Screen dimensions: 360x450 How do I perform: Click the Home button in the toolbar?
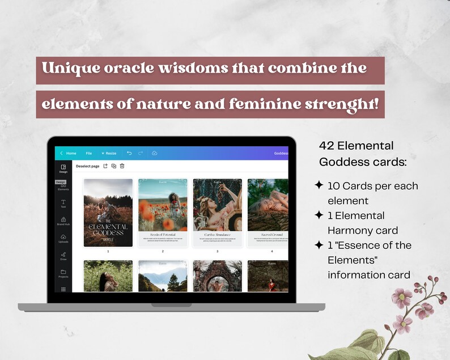coord(69,153)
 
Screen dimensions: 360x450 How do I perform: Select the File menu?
coord(89,153)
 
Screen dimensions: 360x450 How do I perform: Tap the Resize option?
coord(109,153)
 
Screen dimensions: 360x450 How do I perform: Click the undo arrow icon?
coord(129,153)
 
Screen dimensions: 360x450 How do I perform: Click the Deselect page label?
coord(87,166)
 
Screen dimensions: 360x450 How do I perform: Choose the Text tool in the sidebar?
coord(63,203)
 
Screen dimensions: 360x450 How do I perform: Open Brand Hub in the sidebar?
coord(63,221)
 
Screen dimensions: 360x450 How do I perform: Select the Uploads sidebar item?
coord(63,238)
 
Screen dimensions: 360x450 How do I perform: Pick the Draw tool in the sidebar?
coord(63,256)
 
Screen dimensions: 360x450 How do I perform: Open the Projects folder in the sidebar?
coord(63,273)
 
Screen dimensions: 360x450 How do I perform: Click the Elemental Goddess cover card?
coord(108,213)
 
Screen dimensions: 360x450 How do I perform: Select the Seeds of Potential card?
coord(163,213)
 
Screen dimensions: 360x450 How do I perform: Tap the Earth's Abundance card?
coord(217,213)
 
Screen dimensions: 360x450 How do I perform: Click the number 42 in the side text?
coord(326,146)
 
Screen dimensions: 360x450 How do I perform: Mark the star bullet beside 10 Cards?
coord(319,185)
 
